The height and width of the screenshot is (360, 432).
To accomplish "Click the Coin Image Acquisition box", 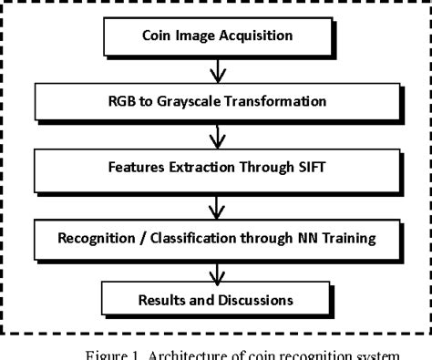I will (218, 38).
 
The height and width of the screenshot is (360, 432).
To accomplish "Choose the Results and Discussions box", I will (218, 300).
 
